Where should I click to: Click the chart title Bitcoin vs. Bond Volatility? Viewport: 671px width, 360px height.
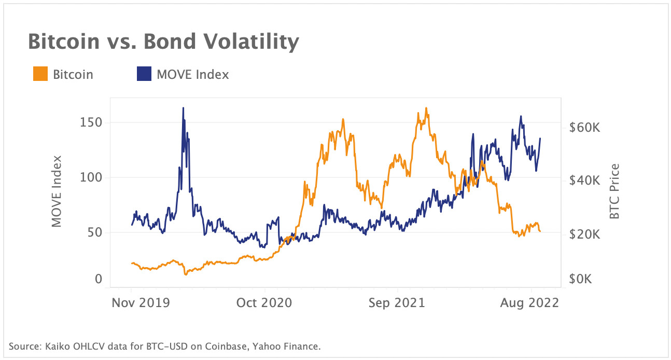(163, 41)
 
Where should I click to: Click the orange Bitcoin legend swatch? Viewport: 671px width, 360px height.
(40, 74)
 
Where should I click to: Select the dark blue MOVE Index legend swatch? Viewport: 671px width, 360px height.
(144, 74)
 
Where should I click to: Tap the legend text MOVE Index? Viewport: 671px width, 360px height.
(192, 74)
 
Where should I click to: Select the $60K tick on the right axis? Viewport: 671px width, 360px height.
(584, 128)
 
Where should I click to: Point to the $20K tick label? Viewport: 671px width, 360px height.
(584, 234)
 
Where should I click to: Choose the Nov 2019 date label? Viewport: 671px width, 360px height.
(141, 303)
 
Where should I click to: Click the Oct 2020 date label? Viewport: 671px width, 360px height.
(264, 303)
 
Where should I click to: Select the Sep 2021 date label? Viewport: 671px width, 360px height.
(397, 303)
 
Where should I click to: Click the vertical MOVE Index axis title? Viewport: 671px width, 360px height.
(57, 191)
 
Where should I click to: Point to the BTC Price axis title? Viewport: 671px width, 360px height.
(615, 191)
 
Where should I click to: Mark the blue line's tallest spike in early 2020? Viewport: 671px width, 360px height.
(183, 108)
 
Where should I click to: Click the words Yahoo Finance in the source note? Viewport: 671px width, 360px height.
(293, 346)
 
